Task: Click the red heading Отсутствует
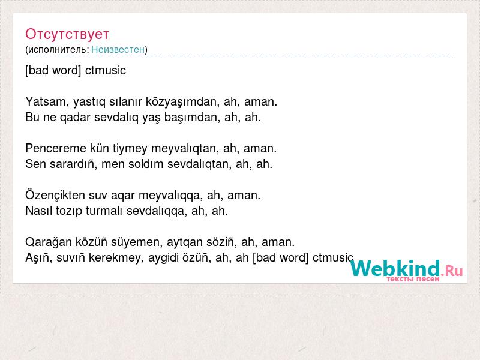point(67,34)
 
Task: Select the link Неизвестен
point(118,50)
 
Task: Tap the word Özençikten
point(55,196)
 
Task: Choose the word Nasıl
point(38,211)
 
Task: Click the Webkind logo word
point(395,268)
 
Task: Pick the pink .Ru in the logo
point(452,271)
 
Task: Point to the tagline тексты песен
point(413,279)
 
